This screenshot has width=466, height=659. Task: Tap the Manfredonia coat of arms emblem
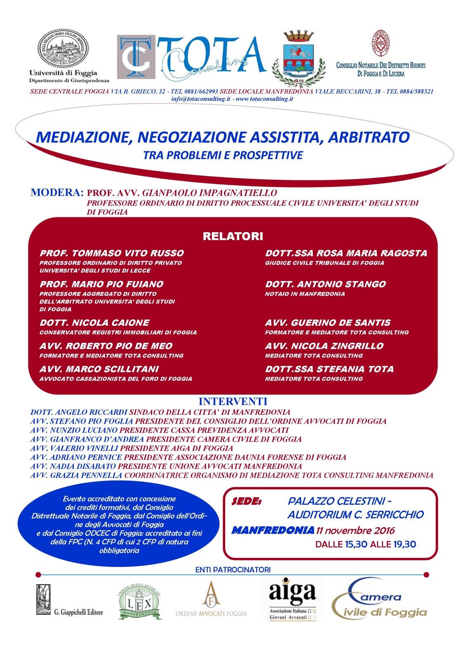[x=299, y=58]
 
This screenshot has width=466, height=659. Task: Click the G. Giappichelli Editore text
[x=79, y=612]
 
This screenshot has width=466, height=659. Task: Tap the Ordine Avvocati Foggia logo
[x=211, y=600]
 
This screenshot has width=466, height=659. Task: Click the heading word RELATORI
[x=233, y=236]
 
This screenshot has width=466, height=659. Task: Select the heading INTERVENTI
[x=233, y=401]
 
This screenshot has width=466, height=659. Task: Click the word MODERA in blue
[x=57, y=193]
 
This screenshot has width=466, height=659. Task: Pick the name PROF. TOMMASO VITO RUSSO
[x=112, y=253]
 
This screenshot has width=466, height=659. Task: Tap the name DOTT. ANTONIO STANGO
[x=325, y=284]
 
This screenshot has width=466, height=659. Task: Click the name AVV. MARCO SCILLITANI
[x=99, y=369]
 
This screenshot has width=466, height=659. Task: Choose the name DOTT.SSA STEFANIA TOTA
[x=329, y=369]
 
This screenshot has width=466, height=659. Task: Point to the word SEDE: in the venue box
[x=246, y=501]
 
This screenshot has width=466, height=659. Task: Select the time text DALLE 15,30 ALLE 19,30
[x=365, y=544]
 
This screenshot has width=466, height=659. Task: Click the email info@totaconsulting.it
[x=201, y=99]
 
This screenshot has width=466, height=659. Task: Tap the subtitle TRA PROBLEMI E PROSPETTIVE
[x=223, y=155]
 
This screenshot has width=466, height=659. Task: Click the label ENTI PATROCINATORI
[x=233, y=570]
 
